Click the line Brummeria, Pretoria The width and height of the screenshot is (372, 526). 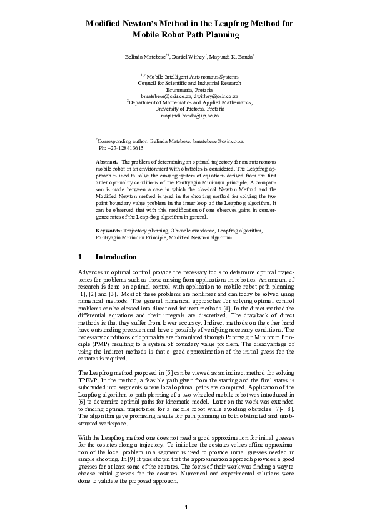coord(186,89)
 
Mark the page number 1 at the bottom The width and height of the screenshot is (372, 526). coord(186,505)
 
